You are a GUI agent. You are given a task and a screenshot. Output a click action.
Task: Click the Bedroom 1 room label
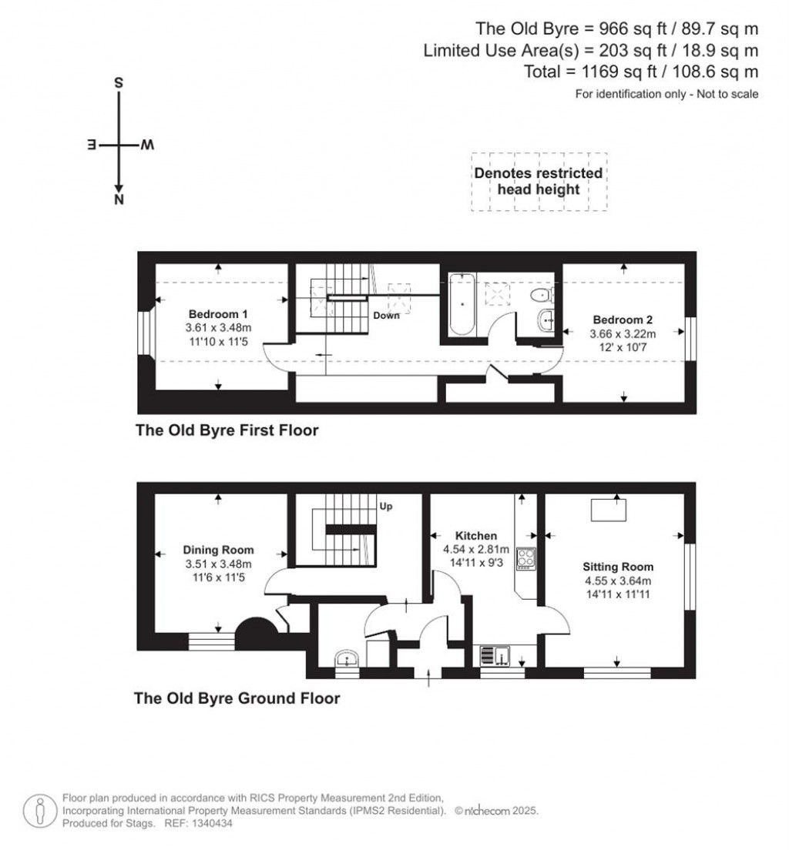[x=218, y=314]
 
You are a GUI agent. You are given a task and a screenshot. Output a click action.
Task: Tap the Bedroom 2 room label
[x=623, y=320]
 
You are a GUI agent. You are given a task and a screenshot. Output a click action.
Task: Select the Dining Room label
[x=218, y=550]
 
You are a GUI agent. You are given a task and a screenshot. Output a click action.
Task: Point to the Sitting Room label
[x=618, y=567]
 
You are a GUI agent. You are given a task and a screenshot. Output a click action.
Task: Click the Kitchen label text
[x=476, y=536]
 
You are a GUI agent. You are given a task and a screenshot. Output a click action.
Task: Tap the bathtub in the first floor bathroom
[x=462, y=305]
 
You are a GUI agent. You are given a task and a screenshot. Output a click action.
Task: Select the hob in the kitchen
[x=525, y=558]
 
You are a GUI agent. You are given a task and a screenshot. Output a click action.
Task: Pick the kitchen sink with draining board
[x=495, y=655]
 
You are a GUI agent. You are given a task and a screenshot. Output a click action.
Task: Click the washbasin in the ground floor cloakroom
[x=346, y=659]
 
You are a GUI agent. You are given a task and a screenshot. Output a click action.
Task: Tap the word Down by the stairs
[x=386, y=316]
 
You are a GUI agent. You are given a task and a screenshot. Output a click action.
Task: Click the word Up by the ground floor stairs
[x=386, y=507]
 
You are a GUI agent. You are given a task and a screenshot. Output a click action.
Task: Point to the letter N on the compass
[x=119, y=199]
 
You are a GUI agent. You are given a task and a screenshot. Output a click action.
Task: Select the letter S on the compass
[x=119, y=83]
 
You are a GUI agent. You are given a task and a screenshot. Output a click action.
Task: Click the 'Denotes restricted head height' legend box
[x=539, y=182]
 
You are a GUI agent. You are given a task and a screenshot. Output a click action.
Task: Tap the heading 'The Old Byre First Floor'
[x=227, y=430]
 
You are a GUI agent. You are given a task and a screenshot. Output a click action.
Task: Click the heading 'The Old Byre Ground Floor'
[x=237, y=698]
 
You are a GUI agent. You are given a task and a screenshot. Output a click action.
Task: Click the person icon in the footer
[x=40, y=811]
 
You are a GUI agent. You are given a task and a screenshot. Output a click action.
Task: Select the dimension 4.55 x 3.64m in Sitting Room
[x=618, y=581]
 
